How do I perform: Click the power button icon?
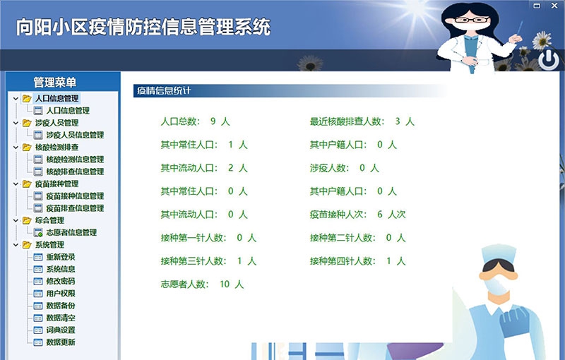548,61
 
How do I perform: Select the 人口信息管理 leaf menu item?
67,111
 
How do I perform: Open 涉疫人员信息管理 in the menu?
74,135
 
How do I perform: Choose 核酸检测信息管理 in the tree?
74,160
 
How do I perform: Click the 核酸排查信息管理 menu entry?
74,172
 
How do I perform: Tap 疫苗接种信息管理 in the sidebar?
74,196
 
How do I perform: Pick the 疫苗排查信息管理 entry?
74,208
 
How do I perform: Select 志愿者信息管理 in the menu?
71,232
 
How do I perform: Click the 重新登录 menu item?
60,257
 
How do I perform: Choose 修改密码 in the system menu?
60,281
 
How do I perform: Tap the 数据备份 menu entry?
60,306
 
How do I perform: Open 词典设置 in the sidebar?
60,330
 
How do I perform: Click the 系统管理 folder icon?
27,245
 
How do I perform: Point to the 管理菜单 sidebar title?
54,83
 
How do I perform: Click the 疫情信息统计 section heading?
163,90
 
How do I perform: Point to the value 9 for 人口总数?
213,121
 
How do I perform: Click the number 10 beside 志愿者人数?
225,284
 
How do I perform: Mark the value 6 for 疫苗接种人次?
380,215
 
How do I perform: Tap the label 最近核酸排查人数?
346,121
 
